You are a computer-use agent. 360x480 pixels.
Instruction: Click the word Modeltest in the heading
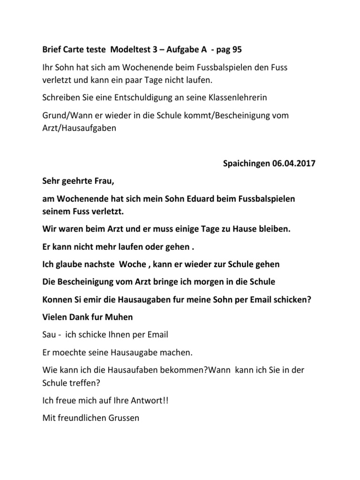pyautogui.click(x=128, y=50)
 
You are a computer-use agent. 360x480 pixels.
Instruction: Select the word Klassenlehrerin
pyautogui.click(x=229, y=97)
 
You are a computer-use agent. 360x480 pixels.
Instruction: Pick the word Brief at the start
pyautogui.click(x=52, y=50)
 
